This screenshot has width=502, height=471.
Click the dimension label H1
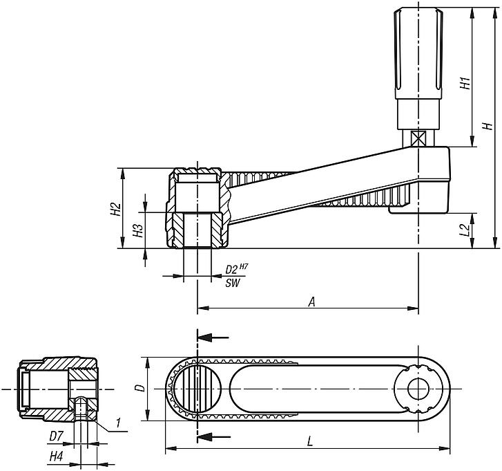(x=465, y=83)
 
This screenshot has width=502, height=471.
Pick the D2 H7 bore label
(x=236, y=268)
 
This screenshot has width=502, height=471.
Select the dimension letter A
(x=311, y=302)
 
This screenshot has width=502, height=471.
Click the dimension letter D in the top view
(x=138, y=389)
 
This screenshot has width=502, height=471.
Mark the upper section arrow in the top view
(x=214, y=338)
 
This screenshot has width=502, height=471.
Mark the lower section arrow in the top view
(x=214, y=436)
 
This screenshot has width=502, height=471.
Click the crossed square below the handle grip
(x=417, y=138)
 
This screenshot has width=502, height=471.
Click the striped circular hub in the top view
(x=197, y=389)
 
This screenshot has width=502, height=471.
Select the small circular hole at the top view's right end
(x=417, y=389)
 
